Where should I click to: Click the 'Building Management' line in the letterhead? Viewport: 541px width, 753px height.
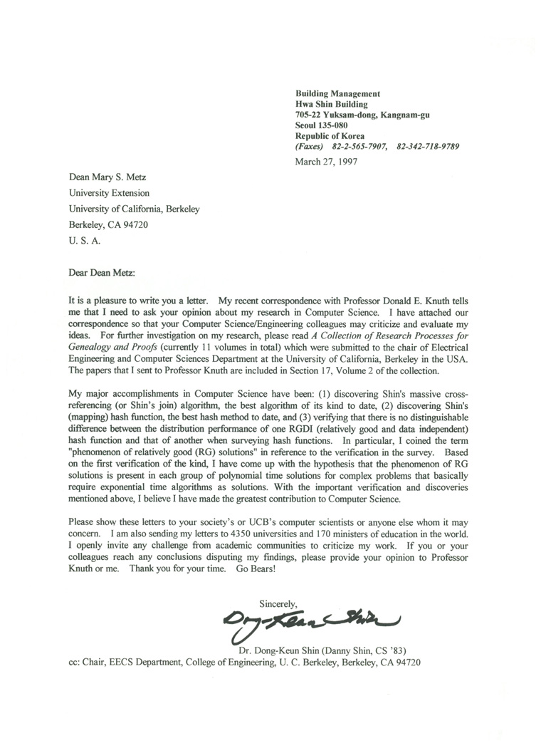[x=337, y=93]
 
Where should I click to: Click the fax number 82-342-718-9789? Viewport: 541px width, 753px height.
[x=428, y=147]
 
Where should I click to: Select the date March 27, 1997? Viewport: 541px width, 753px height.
[x=326, y=161]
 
